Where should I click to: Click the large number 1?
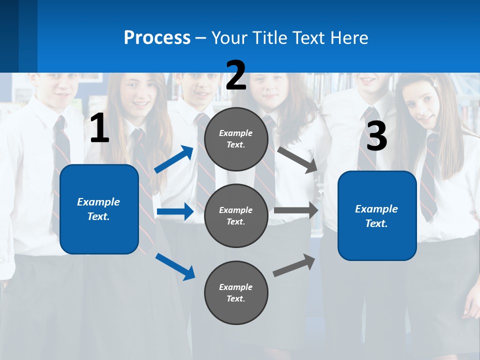[x=99, y=128]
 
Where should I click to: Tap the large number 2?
[x=236, y=75]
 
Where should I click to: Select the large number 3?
[x=376, y=136]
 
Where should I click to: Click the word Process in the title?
[x=157, y=37]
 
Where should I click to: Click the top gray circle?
[x=236, y=139]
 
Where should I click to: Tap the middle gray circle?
[x=236, y=215]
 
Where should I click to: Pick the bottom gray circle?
[x=236, y=292]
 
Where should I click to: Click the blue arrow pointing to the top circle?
[x=173, y=159]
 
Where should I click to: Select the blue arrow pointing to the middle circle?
[x=175, y=211]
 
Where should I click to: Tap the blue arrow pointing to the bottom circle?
[x=175, y=266]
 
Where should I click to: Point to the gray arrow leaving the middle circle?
[x=296, y=210]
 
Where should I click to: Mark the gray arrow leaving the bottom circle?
[x=294, y=265]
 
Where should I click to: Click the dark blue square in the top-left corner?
[x=18, y=36]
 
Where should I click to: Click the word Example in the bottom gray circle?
[x=236, y=287]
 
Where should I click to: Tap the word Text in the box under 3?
[x=376, y=223]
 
